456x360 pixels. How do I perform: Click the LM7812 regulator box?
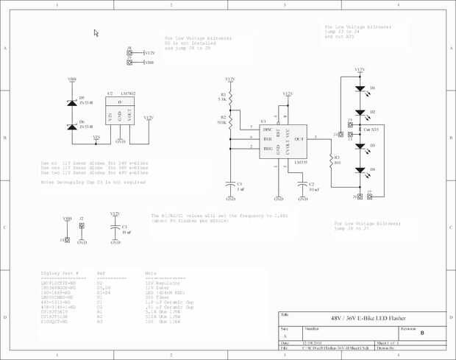click(118, 114)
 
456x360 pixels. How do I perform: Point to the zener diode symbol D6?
click(72, 126)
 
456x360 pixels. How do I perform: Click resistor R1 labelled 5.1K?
click(231, 97)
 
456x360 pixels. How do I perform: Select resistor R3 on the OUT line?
click(332, 158)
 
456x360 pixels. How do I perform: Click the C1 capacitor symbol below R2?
click(231, 184)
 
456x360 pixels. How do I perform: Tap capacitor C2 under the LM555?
click(302, 184)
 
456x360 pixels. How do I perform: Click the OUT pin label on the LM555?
click(299, 138)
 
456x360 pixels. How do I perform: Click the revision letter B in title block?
click(422, 333)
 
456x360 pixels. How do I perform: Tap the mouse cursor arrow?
click(96, 33)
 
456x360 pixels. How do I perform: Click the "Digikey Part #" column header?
click(60, 272)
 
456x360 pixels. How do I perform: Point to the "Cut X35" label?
click(371, 129)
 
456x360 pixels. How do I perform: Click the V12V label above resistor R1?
click(231, 79)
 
